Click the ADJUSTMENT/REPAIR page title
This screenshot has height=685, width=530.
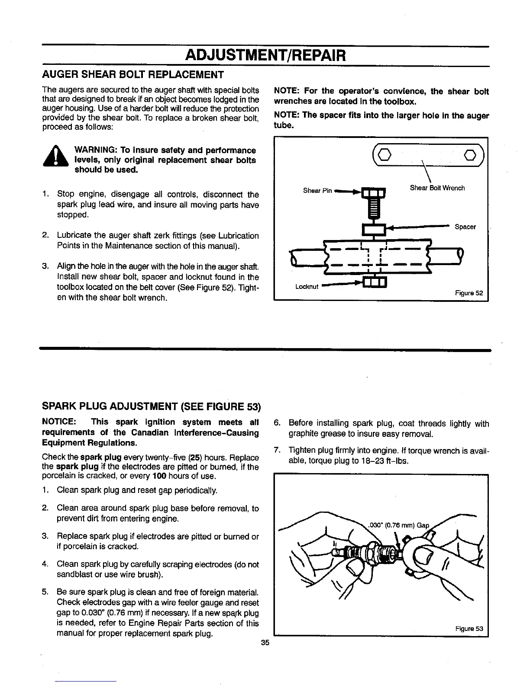(265, 56)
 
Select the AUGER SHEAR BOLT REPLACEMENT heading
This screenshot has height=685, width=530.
(132, 74)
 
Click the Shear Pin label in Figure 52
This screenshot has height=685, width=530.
(317, 191)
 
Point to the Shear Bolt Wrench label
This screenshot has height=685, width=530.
(437, 188)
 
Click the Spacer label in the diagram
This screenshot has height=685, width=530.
(465, 227)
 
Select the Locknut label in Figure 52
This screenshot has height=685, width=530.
(307, 287)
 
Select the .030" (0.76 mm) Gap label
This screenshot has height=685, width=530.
(398, 526)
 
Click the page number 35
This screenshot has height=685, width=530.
(265, 643)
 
